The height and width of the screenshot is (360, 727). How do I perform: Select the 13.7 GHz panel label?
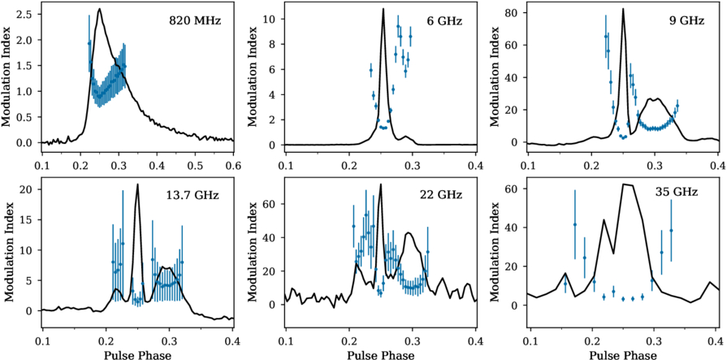tap(193, 195)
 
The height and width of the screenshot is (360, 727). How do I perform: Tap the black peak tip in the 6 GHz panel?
tap(383, 8)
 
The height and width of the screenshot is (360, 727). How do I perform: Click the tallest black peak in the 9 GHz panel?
tap(623, 8)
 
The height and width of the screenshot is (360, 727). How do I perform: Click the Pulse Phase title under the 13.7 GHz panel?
tap(137, 355)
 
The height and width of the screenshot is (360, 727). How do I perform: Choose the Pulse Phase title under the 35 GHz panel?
tap(623, 355)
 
